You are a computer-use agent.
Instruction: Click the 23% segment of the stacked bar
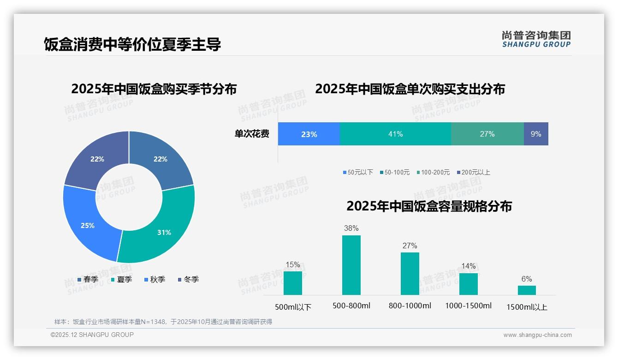tap(309, 134)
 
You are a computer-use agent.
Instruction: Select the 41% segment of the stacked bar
tap(395, 134)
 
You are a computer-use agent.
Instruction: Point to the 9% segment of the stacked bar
tap(536, 134)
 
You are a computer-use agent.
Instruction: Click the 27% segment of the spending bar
tap(487, 134)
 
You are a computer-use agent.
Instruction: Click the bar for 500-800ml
tap(351, 265)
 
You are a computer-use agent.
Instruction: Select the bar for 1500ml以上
tap(527, 290)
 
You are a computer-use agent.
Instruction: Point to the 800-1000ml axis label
tap(410, 306)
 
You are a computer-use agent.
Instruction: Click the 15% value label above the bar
tap(293, 265)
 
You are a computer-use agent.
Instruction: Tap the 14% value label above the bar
tap(469, 266)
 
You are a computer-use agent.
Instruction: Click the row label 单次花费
tap(252, 134)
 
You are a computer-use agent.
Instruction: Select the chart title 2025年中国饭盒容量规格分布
tap(429, 206)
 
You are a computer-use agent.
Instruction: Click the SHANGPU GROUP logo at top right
tap(536, 39)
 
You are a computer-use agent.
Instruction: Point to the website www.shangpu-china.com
tap(537, 335)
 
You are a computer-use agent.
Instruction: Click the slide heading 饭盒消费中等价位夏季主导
tap(132, 44)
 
